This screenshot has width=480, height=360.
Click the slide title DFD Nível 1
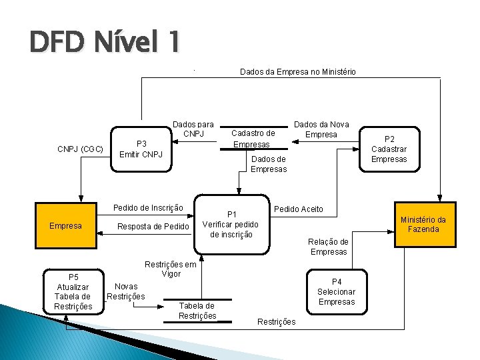coord(104,43)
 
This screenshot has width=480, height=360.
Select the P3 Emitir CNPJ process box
coord(141,149)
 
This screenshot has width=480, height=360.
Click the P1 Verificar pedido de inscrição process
coord(231,224)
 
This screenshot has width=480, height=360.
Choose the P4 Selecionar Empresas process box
coord(336,292)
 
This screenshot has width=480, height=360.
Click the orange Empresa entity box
coord(65,226)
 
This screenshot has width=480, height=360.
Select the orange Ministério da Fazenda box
coord(423,225)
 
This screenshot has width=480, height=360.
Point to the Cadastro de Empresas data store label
coord(253,139)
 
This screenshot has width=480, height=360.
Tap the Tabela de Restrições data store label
coord(197,311)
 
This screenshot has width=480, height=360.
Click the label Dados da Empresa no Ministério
coord(297,72)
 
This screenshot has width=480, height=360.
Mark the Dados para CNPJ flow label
coord(193,129)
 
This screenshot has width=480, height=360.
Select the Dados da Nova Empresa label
coord(321,129)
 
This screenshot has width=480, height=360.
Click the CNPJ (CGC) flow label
coord(80,149)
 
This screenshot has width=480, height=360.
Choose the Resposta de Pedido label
coord(153,227)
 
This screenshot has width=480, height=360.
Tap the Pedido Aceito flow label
coord(299,209)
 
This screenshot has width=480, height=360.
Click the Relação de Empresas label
coord(328,247)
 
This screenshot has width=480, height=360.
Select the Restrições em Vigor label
coord(171,269)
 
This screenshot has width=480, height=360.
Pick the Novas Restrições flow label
coord(126,291)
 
